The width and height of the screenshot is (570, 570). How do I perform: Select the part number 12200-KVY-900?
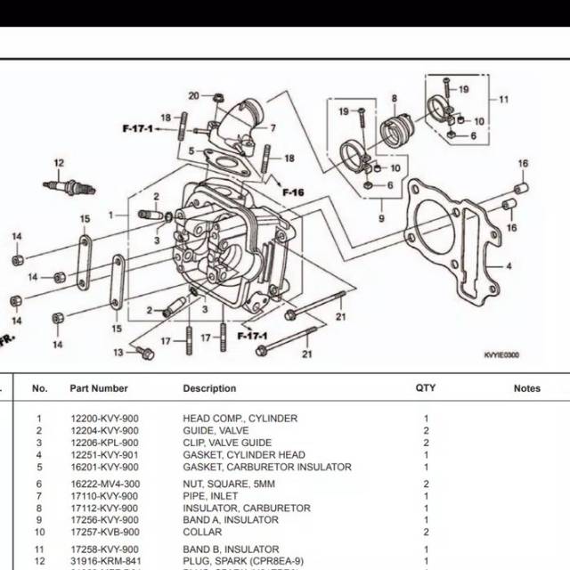coord(104,419)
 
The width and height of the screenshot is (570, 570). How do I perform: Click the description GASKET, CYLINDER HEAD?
coord(243,455)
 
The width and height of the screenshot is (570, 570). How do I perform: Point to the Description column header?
coord(209,388)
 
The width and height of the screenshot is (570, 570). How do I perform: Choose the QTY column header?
coord(426,388)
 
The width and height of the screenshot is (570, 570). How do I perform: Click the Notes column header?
coord(527,388)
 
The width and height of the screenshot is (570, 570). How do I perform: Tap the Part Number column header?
coord(99,388)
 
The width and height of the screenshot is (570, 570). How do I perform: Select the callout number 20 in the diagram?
coord(193,95)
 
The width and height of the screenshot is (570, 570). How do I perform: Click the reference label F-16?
coord(294,192)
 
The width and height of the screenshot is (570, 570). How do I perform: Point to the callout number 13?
coord(118,354)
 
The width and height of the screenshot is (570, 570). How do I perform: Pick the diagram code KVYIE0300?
coord(501,355)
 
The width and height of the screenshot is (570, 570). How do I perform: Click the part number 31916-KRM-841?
coord(104,561)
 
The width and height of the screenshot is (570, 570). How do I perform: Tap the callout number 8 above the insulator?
coord(393,96)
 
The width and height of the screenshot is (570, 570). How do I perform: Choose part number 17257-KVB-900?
coord(104,532)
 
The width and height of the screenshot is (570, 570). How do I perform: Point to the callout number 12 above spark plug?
coord(60,163)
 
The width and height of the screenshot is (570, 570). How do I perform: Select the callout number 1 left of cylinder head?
coord(112,216)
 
